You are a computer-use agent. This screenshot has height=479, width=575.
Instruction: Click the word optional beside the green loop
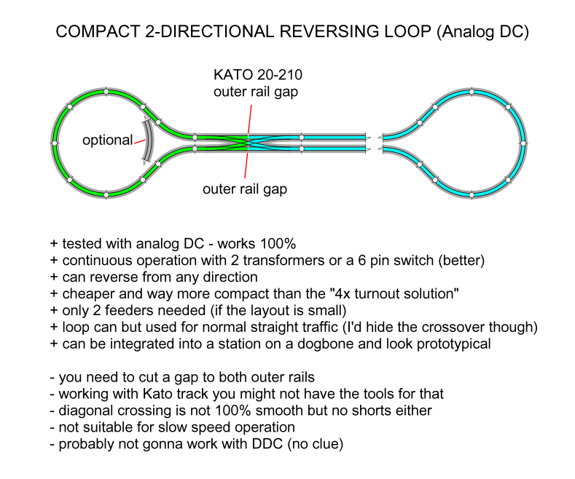107,140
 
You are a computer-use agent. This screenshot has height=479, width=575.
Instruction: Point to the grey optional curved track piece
149,140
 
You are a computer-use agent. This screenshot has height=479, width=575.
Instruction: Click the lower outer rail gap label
245,189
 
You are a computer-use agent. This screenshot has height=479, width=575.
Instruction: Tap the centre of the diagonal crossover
248,141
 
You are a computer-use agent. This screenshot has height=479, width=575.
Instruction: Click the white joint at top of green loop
106,91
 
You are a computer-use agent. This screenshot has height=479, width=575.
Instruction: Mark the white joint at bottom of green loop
106,194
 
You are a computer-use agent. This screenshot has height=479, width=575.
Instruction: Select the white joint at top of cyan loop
472,91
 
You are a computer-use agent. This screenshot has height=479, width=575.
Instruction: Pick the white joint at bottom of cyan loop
472,194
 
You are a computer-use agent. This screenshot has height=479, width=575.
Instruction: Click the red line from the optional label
140,141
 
